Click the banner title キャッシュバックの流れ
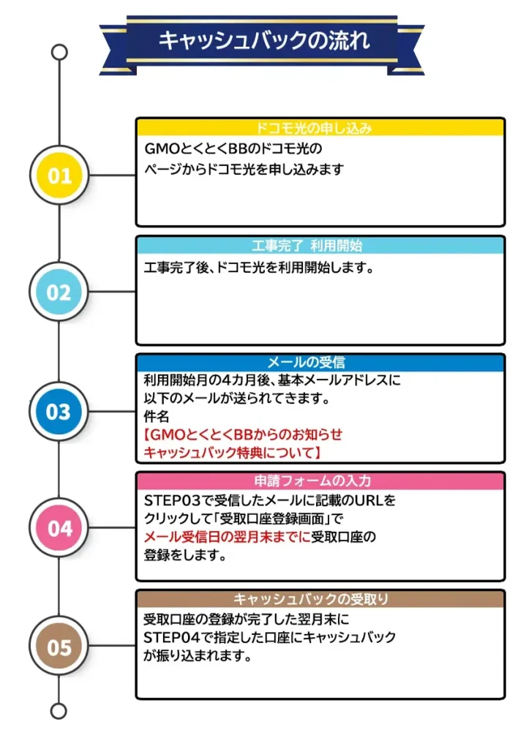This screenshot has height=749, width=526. click(264, 40)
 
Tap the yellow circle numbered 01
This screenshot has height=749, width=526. click(59, 176)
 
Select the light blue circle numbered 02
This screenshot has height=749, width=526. click(59, 292)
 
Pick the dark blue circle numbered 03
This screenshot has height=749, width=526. click(59, 411)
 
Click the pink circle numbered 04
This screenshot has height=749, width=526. click(59, 528)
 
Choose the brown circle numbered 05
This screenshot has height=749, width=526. click(59, 647)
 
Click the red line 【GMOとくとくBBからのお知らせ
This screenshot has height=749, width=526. click(243, 434)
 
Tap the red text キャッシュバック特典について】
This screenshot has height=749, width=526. click(232, 452)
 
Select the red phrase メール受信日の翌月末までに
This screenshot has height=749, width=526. click(227, 537)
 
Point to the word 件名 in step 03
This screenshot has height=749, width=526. click(157, 416)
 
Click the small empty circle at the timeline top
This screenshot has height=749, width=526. click(59, 52)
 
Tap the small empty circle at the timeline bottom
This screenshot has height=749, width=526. click(59, 711)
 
